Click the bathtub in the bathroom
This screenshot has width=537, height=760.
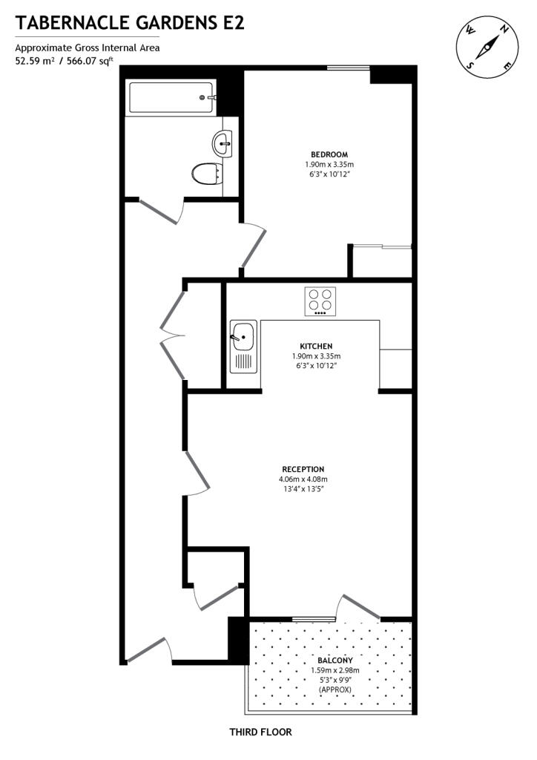(x=171, y=98)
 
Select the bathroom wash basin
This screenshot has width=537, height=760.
(x=223, y=142)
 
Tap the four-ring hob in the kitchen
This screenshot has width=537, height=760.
(x=320, y=301)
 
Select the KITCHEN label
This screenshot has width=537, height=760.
(x=316, y=347)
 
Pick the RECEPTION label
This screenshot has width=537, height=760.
(x=303, y=469)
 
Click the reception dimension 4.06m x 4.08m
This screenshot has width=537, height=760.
(x=303, y=479)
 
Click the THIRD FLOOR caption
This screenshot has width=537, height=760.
(x=260, y=732)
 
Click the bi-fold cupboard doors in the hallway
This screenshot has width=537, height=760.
(x=172, y=335)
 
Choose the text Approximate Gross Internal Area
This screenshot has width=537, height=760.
(x=88, y=48)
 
